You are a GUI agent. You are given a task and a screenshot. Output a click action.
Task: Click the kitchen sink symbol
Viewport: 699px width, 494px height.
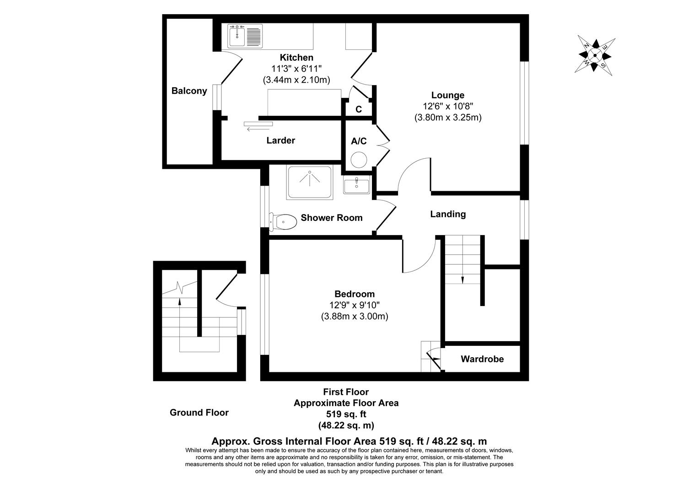pos(245,36)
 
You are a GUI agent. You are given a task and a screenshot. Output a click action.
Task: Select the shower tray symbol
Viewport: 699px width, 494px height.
pos(309,183)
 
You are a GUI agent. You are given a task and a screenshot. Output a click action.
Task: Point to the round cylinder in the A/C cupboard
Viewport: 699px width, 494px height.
pos(359,160)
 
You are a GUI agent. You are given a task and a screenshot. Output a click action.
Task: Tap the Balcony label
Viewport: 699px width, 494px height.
pos(189,91)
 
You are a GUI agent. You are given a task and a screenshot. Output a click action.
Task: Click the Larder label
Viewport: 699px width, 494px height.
pos(280,140)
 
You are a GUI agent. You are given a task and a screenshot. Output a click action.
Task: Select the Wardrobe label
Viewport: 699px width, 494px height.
pos(482,359)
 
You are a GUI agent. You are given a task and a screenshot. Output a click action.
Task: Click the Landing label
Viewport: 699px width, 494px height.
pos(448,214)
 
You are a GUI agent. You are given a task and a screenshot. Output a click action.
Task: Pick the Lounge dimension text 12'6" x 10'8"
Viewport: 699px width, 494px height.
pos(448,106)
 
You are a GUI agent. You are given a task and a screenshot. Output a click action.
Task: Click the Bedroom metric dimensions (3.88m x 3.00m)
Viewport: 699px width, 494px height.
pos(355,316)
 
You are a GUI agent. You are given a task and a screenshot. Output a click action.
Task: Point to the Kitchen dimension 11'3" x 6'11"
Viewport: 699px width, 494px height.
pos(296,69)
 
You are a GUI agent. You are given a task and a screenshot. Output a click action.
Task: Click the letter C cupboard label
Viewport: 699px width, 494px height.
pos(359,109)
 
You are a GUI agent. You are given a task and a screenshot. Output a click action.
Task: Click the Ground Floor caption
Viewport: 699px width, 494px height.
pos(199,413)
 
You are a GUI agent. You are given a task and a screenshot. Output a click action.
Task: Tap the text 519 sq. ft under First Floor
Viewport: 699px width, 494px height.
pos(345,414)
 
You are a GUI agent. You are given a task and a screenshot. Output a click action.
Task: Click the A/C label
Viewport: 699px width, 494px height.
pos(359,141)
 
